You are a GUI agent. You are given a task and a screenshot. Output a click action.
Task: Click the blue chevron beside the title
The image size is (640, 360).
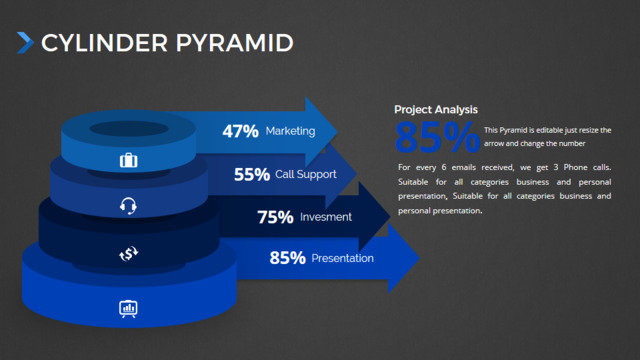[x=25, y=43]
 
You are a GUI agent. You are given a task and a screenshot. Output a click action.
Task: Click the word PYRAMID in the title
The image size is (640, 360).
[x=235, y=43]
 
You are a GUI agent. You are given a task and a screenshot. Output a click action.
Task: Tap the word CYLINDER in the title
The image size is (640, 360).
[x=104, y=43]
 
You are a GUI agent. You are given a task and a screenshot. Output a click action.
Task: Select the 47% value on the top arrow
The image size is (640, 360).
[x=240, y=131]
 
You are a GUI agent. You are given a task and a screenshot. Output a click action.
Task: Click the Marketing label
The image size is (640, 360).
[x=290, y=131]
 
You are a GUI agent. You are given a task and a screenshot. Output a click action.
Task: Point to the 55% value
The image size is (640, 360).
[x=252, y=175]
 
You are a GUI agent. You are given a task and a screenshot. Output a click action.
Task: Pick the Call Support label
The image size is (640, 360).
[x=306, y=175]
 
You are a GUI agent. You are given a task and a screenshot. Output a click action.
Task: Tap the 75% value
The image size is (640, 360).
[x=275, y=217]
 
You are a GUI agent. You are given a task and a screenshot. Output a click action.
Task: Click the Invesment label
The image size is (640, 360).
[x=326, y=217]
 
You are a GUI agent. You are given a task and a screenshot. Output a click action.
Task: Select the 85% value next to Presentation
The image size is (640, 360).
[x=287, y=258]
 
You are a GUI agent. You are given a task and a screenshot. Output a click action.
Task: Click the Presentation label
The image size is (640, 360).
[x=342, y=258]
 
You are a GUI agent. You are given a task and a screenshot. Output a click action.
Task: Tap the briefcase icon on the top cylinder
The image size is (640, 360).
[x=129, y=160]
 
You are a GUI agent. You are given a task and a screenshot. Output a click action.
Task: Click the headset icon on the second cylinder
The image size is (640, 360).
[x=128, y=206]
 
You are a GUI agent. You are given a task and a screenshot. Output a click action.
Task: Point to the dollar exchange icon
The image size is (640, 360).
[x=129, y=254]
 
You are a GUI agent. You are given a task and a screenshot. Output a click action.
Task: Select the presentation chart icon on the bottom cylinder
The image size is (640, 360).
[x=128, y=309]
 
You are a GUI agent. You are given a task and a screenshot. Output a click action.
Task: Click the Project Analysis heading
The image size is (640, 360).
[x=436, y=109]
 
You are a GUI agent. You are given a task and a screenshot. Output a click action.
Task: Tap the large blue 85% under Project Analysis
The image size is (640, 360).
[x=437, y=137]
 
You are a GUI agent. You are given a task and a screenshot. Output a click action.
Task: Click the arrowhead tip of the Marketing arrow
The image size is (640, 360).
[x=337, y=131]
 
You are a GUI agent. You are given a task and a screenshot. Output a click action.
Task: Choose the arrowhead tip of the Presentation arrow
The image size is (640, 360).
[x=419, y=258]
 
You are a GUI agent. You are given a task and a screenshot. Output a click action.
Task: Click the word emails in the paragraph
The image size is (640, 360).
[x=463, y=167]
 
